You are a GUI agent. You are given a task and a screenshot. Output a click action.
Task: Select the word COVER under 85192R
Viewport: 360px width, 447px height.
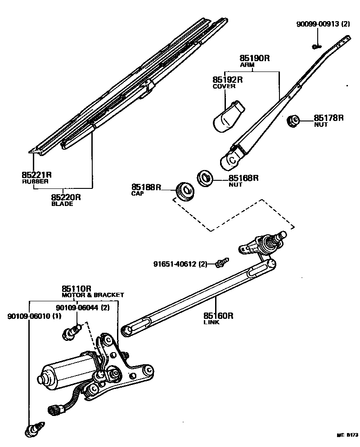224,86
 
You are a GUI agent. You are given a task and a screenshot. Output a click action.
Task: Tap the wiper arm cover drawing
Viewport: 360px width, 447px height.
228,117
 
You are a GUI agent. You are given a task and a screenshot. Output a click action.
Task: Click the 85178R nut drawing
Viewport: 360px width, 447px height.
294,121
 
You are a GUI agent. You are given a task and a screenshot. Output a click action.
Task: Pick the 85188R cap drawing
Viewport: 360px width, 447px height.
184,190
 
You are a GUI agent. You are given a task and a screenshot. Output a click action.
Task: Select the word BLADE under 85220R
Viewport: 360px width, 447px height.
62,204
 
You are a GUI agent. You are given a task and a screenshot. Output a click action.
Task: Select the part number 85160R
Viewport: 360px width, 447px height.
219,316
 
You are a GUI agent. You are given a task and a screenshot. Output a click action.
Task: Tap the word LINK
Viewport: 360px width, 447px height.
211,322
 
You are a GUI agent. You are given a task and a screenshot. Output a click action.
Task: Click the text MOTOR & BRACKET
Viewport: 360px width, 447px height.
92,295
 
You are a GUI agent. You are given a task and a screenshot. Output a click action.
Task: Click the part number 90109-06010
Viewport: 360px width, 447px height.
28,316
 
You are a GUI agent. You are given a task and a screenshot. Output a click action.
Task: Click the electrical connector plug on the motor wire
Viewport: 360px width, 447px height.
53,409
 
